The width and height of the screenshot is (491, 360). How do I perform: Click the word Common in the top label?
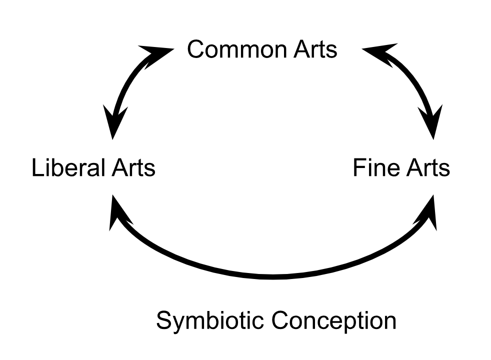point(236,49)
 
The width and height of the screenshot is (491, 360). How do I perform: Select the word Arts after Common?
point(315,49)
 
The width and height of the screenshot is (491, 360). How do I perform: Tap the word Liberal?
point(68,167)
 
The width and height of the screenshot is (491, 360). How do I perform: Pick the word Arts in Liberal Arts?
point(133,167)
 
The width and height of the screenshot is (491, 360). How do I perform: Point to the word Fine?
point(376,167)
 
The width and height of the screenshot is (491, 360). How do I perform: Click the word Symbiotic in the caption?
point(210,320)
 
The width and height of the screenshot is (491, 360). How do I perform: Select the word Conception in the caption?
point(334,320)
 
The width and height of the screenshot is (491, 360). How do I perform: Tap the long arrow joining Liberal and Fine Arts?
point(272,276)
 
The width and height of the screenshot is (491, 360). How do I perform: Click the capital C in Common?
point(195,49)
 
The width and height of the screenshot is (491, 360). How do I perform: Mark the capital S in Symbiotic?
point(164,320)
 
